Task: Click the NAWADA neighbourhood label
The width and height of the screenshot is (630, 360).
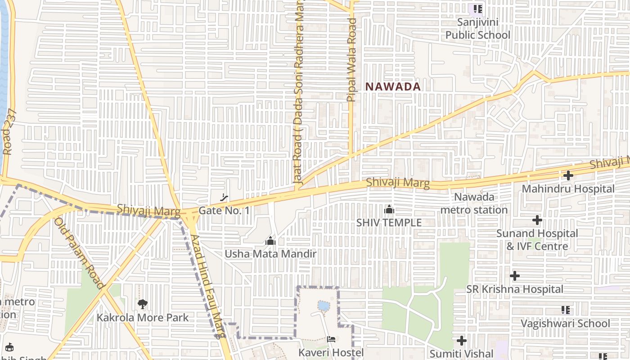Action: pos(393,86)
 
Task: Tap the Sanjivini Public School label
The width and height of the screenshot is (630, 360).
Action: pos(477,28)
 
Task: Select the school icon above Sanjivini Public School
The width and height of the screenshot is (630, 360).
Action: pos(477,9)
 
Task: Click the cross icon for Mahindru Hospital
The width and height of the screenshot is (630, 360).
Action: pos(568,176)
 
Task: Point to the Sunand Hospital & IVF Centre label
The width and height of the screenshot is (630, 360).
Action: pos(537,240)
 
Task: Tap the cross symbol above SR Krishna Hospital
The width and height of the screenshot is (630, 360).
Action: pos(515,276)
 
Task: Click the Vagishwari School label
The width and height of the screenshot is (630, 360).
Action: pos(565,324)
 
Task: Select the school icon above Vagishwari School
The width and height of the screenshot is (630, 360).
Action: pos(566,310)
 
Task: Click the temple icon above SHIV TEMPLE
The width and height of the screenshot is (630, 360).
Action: pos(389,210)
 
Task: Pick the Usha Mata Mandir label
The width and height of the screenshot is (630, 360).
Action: pos(270,254)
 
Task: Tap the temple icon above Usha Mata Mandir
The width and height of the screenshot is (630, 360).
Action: pos(270,241)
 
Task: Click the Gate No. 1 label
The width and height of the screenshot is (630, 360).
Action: pos(224,210)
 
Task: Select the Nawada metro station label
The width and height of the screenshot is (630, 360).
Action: pos(474,203)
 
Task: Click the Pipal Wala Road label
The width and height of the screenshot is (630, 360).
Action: pos(352,60)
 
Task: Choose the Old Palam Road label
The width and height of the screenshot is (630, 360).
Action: pos(79,253)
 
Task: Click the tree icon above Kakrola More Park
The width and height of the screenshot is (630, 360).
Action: pos(143,304)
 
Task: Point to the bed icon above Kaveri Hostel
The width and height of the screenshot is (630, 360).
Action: pos(331,339)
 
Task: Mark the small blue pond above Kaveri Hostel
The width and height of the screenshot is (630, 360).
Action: pos(323,306)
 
